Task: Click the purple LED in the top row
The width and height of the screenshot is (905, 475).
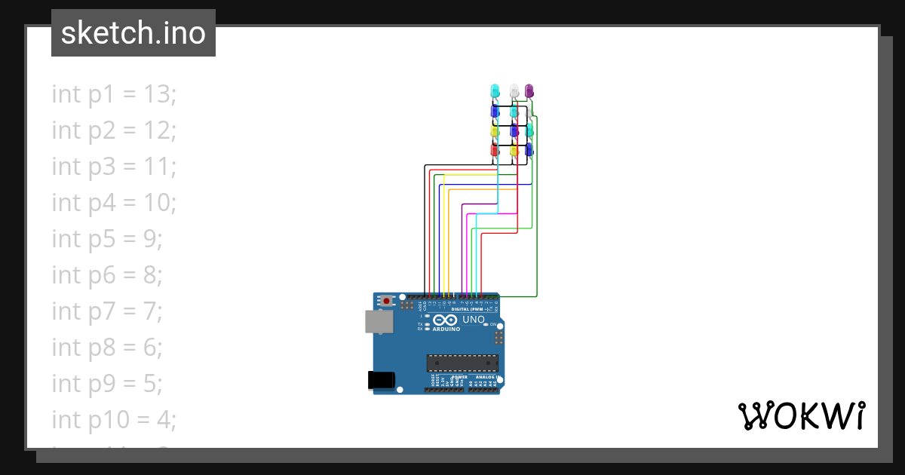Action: click(529, 90)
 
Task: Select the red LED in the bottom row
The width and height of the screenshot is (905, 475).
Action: click(495, 150)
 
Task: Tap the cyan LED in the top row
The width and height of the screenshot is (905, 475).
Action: click(495, 90)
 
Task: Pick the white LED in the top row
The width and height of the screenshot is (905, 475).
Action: click(514, 90)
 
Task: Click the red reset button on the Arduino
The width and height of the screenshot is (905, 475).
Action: click(387, 301)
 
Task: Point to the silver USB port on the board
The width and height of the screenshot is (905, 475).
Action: click(378, 321)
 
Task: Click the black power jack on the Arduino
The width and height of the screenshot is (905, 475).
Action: click(381, 381)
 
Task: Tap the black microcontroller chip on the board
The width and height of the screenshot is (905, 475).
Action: click(462, 363)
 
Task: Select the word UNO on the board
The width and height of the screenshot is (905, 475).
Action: click(473, 319)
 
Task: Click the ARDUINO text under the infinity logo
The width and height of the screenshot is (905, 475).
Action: click(446, 329)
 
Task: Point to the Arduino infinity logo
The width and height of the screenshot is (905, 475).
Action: click(446, 320)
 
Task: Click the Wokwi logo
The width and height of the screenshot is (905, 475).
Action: click(801, 415)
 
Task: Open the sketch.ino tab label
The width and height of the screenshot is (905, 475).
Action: click(133, 33)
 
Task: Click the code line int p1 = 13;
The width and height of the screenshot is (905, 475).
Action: click(114, 94)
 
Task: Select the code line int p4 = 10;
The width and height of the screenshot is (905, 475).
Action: click(114, 203)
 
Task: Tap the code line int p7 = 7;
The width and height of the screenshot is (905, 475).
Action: click(107, 311)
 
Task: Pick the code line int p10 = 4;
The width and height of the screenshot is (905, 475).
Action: click(114, 419)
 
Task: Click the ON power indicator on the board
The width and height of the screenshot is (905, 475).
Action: click(492, 325)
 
